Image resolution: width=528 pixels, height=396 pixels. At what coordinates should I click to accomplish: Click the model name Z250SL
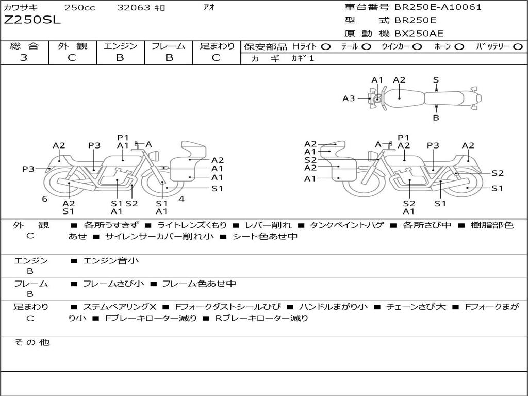click(32, 20)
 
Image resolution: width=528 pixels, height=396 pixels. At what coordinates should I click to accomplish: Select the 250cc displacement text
click(80, 7)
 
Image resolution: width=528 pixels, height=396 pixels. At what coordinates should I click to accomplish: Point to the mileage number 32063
click(134, 7)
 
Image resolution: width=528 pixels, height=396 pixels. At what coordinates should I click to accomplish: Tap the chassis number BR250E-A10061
click(438, 7)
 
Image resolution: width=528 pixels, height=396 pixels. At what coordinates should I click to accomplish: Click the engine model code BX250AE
click(419, 34)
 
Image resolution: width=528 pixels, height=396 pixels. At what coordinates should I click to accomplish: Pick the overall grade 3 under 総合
click(23, 58)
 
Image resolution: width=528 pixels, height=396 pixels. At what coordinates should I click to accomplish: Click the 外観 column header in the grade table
click(72, 46)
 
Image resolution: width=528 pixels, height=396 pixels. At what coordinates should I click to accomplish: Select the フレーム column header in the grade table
click(169, 46)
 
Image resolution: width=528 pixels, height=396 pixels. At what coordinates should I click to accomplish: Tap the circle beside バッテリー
click(518, 46)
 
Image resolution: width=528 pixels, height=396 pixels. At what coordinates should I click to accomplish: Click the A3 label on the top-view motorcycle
click(349, 98)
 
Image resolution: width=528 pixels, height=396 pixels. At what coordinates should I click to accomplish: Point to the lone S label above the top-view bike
click(436, 80)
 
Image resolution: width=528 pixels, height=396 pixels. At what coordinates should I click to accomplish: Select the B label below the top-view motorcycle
click(436, 118)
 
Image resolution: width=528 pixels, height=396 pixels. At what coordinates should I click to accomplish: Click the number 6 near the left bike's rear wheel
click(45, 199)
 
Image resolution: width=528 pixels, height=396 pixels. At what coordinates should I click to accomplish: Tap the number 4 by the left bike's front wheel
click(181, 199)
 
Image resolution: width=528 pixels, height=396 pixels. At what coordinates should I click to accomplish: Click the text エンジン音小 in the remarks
click(111, 261)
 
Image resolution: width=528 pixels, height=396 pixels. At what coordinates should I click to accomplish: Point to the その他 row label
click(31, 342)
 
